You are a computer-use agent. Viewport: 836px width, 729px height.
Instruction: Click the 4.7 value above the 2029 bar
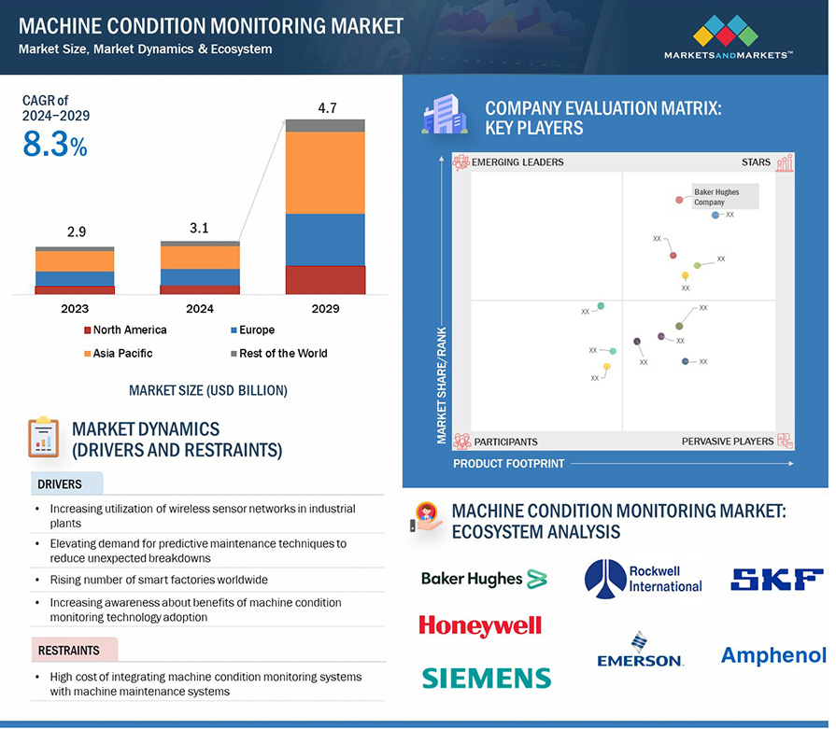pyautogui.click(x=326, y=108)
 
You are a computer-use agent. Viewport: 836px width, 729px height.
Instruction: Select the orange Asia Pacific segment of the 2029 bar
pyautogui.click(x=325, y=173)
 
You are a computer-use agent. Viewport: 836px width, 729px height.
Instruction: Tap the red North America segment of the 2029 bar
pyautogui.click(x=325, y=280)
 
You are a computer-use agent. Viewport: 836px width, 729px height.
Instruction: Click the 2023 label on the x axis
pyautogui.click(x=75, y=309)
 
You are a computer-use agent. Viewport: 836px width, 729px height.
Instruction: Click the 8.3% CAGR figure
pyautogui.click(x=54, y=146)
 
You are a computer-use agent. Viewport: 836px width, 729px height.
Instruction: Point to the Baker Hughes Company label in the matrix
pyautogui.click(x=717, y=197)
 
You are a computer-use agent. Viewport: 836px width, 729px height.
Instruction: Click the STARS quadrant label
pyautogui.click(x=756, y=162)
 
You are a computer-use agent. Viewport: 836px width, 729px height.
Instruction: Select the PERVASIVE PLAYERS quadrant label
pyautogui.click(x=727, y=442)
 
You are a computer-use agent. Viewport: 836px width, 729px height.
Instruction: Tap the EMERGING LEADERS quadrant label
pyautogui.click(x=517, y=162)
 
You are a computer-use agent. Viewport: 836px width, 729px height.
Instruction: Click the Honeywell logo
pyautogui.click(x=480, y=625)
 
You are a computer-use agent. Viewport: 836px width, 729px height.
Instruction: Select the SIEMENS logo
pyautogui.click(x=486, y=678)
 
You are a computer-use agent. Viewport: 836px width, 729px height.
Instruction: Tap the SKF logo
pyautogui.click(x=776, y=580)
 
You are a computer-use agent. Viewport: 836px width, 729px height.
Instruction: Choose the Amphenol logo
pyautogui.click(x=773, y=656)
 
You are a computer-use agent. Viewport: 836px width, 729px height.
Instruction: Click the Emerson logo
pyautogui.click(x=640, y=651)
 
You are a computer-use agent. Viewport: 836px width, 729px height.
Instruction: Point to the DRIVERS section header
pyautogui.click(x=60, y=484)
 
